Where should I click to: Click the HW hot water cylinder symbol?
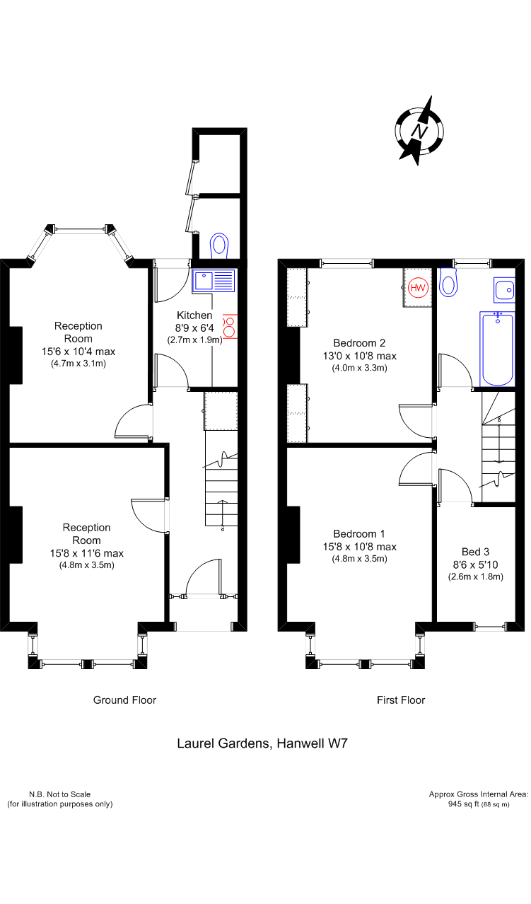418,288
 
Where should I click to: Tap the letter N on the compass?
420,131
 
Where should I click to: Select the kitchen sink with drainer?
214,281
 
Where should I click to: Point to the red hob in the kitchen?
230,327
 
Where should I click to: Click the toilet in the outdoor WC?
219,245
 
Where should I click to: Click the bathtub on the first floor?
497,349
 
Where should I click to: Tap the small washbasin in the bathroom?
504,290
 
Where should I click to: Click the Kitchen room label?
194,315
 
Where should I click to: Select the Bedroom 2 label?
359,343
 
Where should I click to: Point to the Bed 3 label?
475,552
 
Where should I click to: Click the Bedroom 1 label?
359,534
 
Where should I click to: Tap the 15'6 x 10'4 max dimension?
78,352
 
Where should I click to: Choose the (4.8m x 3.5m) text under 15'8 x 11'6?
87,565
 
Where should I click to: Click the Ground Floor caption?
124,700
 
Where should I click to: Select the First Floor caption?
401,700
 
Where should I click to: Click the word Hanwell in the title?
300,743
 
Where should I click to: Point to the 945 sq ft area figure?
464,804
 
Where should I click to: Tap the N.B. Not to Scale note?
59,794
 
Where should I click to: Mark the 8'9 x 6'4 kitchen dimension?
194,328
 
